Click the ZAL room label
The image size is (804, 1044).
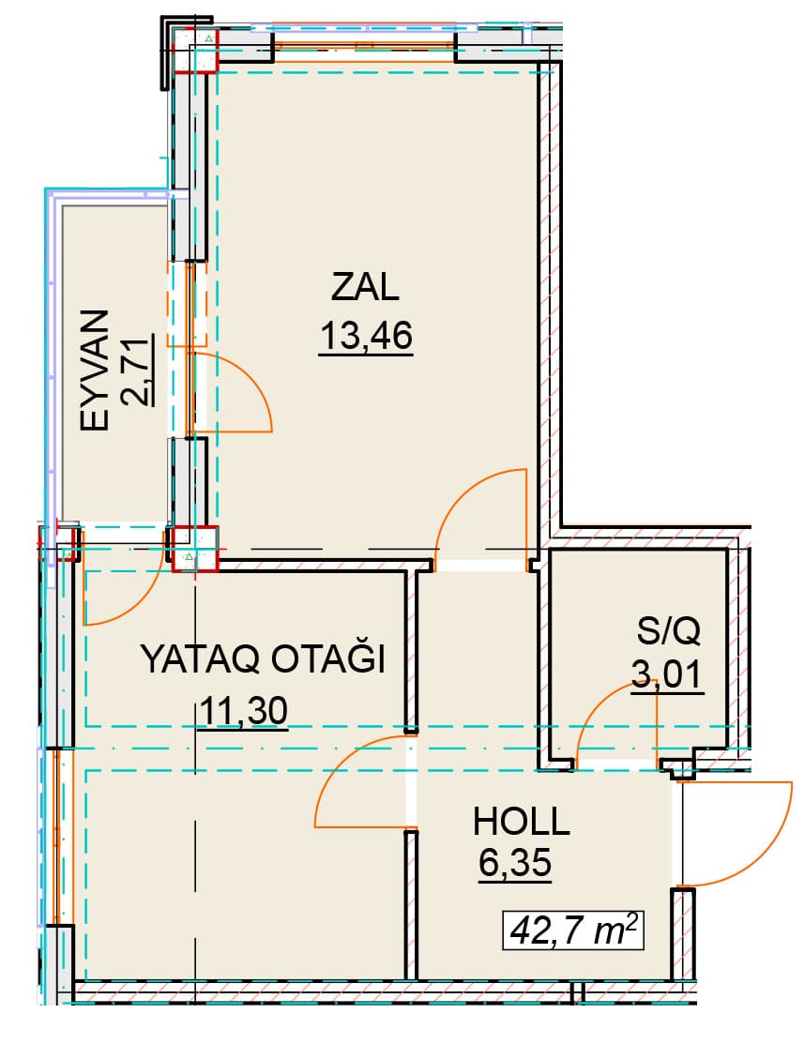pyautogui.click(x=365, y=287)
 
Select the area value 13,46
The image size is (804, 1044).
pyautogui.click(x=367, y=335)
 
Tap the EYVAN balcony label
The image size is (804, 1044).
pyautogui.click(x=95, y=371)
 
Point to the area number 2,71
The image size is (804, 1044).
pyautogui.click(x=136, y=371)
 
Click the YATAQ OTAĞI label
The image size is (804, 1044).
pyautogui.click(x=264, y=659)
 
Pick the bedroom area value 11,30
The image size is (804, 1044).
pyautogui.click(x=243, y=710)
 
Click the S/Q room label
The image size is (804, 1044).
pyautogui.click(x=668, y=630)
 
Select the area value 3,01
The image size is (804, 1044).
pyautogui.click(x=667, y=673)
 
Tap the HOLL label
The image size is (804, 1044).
pyautogui.click(x=522, y=822)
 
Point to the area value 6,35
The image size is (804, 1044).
pyautogui.click(x=515, y=863)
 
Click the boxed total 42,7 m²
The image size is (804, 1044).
pyautogui.click(x=573, y=931)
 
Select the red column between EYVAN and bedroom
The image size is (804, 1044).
pyautogui.click(x=193, y=550)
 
